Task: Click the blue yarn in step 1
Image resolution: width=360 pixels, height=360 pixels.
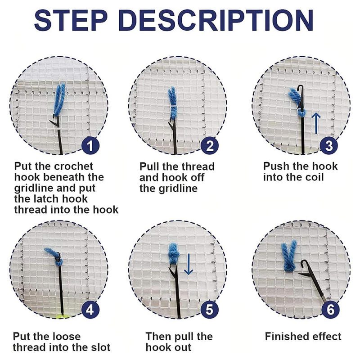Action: tap(59, 96)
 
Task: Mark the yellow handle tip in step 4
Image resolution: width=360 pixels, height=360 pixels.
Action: tap(59, 316)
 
